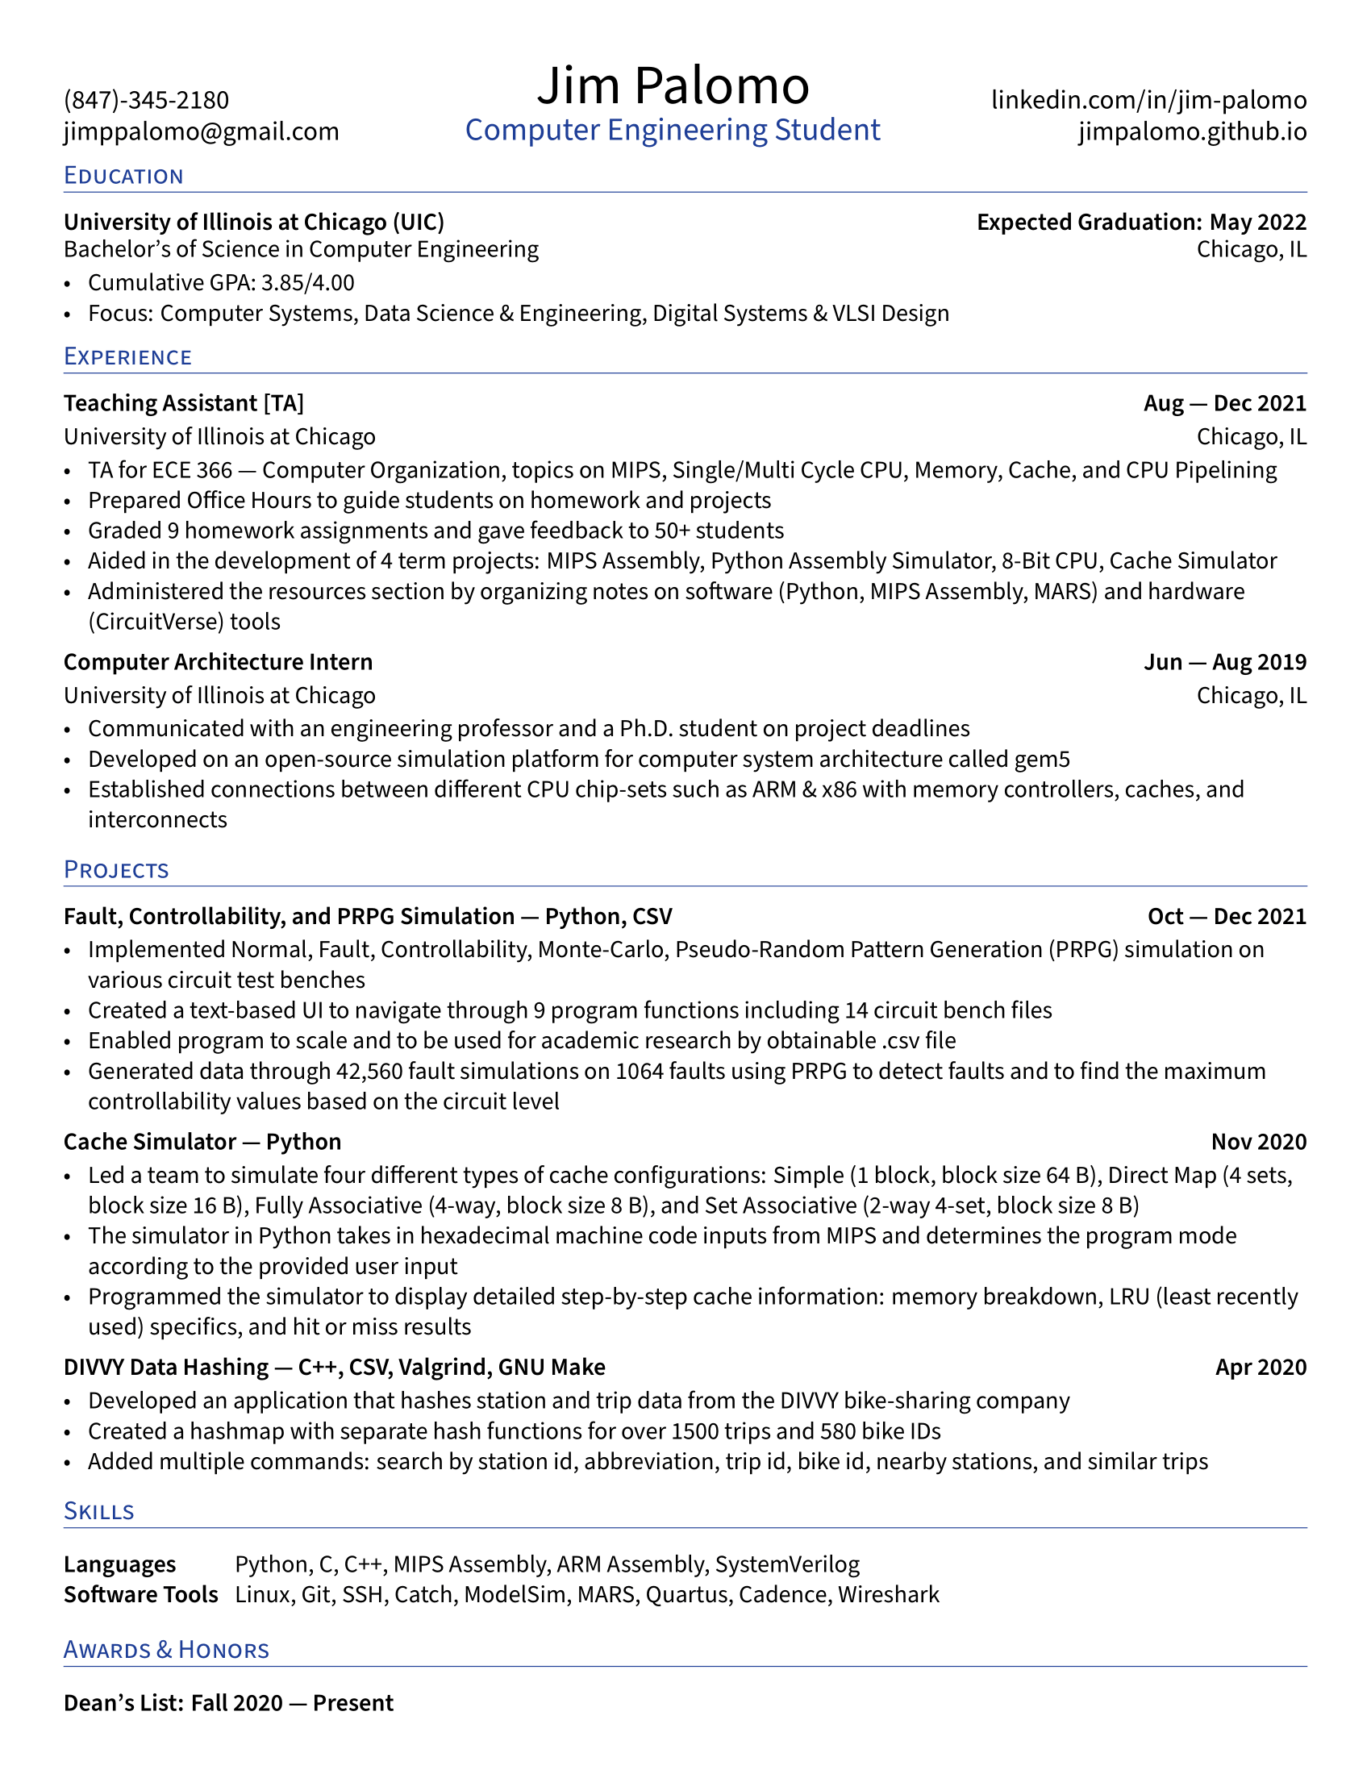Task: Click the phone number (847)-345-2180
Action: pyautogui.click(x=146, y=100)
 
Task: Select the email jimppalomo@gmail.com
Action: pyautogui.click(x=202, y=131)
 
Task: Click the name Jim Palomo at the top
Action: pyautogui.click(x=673, y=85)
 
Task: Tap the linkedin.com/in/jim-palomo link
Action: pyautogui.click(x=1148, y=100)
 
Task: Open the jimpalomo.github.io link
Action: pyautogui.click(x=1192, y=131)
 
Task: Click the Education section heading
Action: pyautogui.click(x=123, y=177)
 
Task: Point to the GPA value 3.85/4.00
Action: pyautogui.click(x=307, y=283)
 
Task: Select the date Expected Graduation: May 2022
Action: pyautogui.click(x=1141, y=223)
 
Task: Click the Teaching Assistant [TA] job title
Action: pyautogui.click(x=184, y=404)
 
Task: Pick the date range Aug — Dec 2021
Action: pyautogui.click(x=1225, y=404)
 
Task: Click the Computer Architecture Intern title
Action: pyautogui.click(x=218, y=662)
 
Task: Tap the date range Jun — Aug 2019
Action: pyautogui.click(x=1225, y=662)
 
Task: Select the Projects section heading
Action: pyautogui.click(x=116, y=870)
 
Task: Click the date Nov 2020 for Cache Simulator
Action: pyautogui.click(x=1258, y=1142)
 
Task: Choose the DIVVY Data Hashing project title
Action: pyautogui.click(x=165, y=1367)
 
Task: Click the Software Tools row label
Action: pyautogui.click(x=140, y=1594)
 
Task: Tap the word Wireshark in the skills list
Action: pyautogui.click(x=889, y=1594)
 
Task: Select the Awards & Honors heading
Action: pyautogui.click(x=165, y=1650)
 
